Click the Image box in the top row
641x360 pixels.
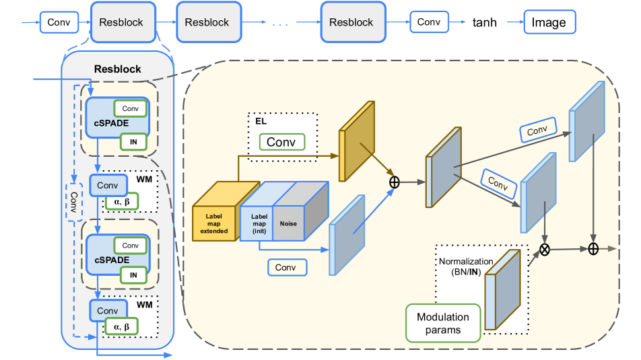point(549,22)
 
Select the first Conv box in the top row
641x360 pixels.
point(59,22)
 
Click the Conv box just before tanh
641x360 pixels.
point(428,22)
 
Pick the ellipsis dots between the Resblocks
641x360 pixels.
point(280,24)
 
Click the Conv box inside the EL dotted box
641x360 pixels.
point(281,142)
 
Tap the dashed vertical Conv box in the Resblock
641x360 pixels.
point(74,201)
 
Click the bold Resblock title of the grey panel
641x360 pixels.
point(118,69)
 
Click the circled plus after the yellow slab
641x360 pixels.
point(395,182)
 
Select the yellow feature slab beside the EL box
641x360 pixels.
point(357,141)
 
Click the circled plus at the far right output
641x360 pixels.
point(593,248)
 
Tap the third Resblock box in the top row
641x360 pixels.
point(351,22)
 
